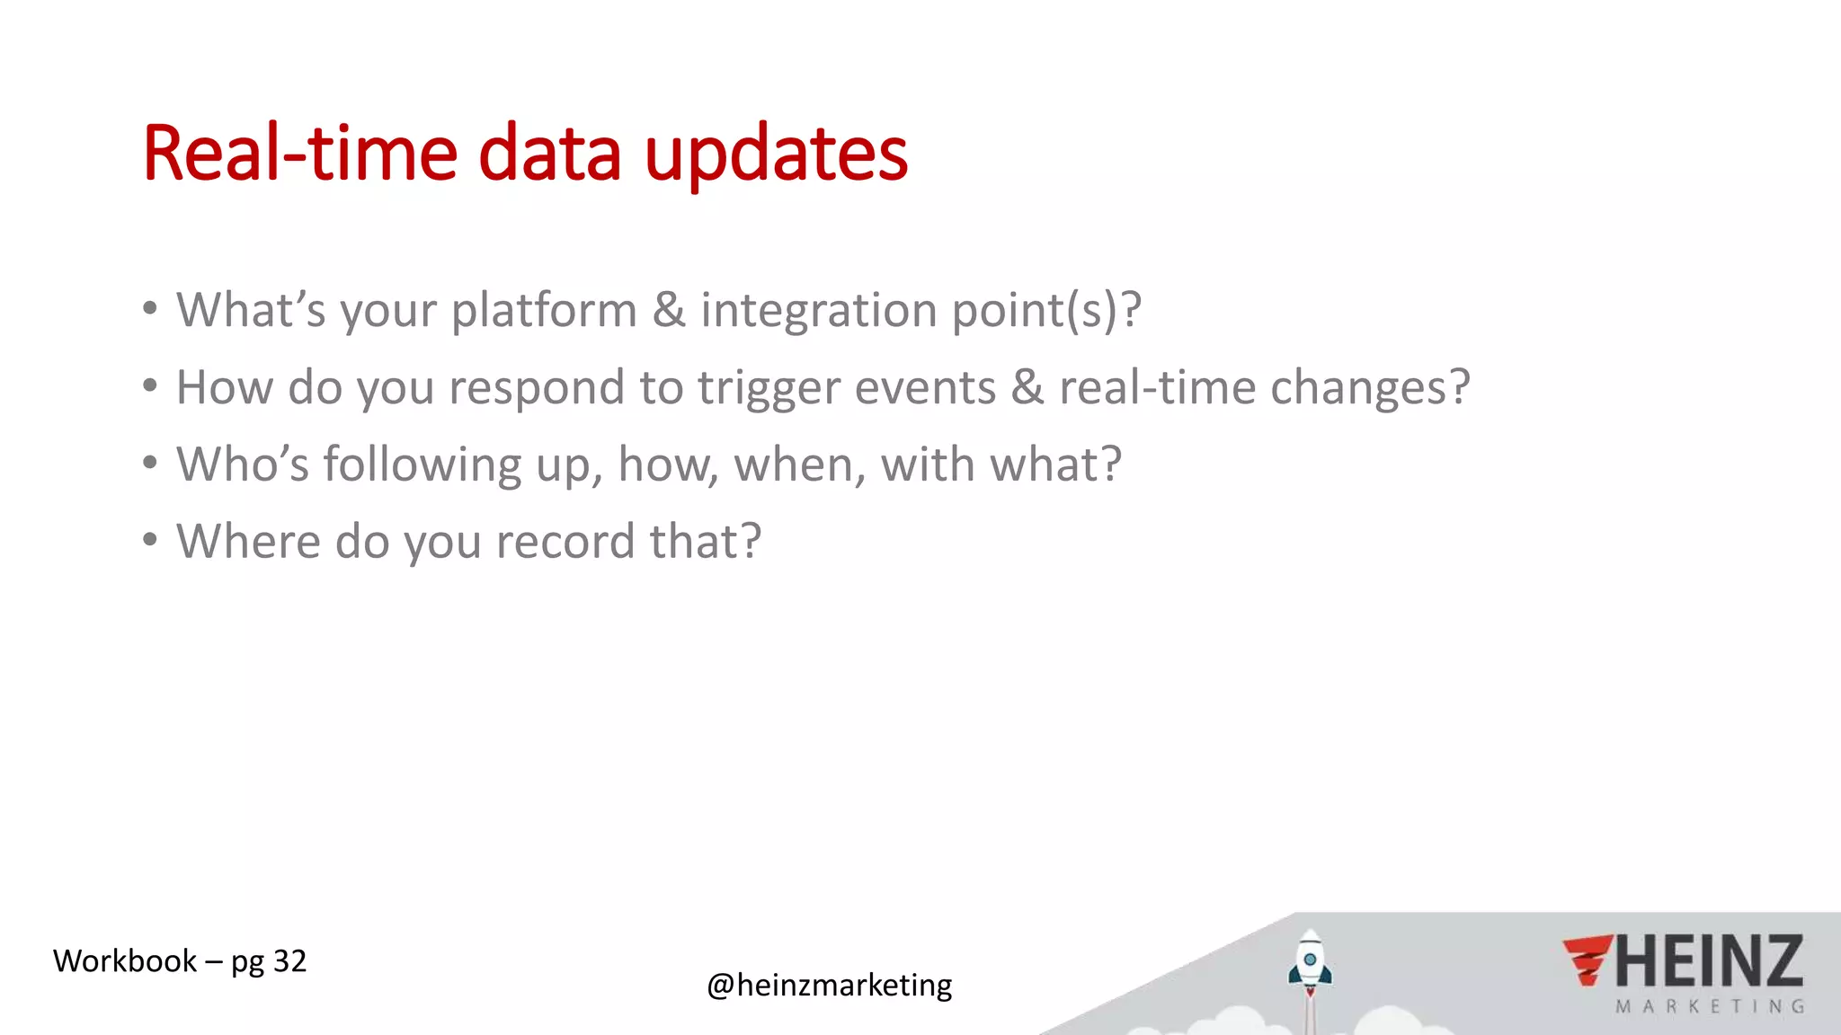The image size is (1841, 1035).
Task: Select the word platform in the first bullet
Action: (x=544, y=311)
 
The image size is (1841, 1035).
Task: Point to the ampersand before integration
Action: (x=668, y=311)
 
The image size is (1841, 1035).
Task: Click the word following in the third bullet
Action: (x=422, y=465)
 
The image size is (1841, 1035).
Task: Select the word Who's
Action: (x=242, y=465)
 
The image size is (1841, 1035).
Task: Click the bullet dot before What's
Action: (x=150, y=309)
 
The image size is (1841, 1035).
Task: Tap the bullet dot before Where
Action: (x=150, y=540)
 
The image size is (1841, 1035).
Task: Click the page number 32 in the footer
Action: (x=289, y=961)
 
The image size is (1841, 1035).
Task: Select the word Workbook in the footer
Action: (x=125, y=961)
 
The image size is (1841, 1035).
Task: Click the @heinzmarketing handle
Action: (x=829, y=986)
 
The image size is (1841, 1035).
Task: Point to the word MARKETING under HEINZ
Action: (x=1710, y=1007)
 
